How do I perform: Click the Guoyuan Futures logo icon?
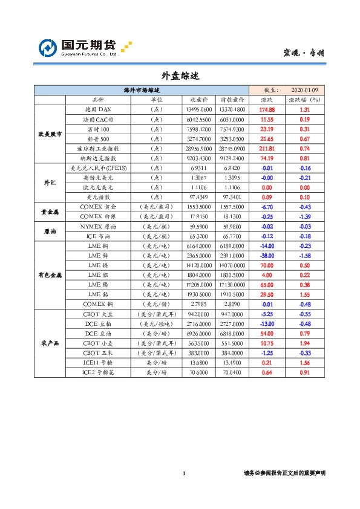(48, 48)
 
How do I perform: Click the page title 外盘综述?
(180, 76)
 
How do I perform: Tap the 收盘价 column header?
(199, 100)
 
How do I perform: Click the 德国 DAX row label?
(98, 109)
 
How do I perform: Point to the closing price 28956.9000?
(199, 148)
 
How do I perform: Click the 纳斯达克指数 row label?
(98, 158)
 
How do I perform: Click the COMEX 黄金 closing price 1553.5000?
(199, 207)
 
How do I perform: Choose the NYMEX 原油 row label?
(98, 226)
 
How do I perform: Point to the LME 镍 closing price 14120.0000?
(199, 265)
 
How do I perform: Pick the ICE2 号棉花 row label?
(98, 372)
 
